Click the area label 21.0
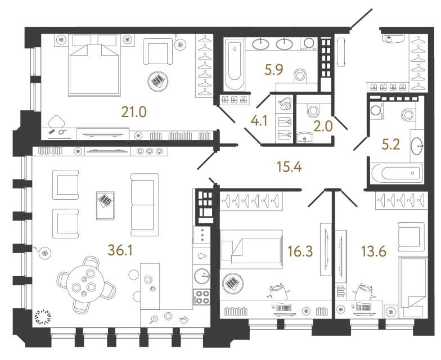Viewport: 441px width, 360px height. [134, 112]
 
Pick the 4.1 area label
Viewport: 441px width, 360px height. [260, 120]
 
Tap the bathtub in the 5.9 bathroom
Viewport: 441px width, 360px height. [233, 65]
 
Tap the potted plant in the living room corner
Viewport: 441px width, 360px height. [43, 317]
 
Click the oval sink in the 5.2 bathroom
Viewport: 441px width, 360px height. [417, 146]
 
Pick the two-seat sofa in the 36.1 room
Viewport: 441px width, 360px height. [142, 205]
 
